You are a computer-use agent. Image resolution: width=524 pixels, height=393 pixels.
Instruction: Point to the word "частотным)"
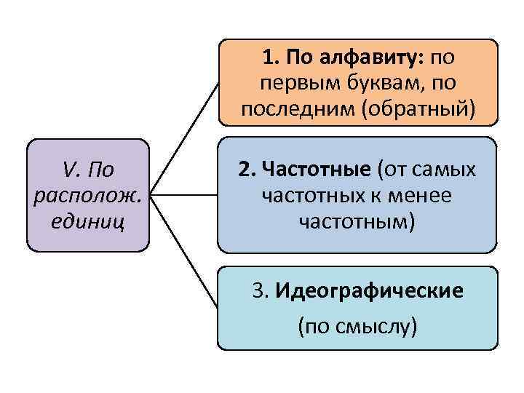point(357,221)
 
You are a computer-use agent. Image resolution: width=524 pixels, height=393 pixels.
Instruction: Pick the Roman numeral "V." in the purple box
point(71,170)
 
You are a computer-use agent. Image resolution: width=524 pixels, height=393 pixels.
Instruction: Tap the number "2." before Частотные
point(245,170)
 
